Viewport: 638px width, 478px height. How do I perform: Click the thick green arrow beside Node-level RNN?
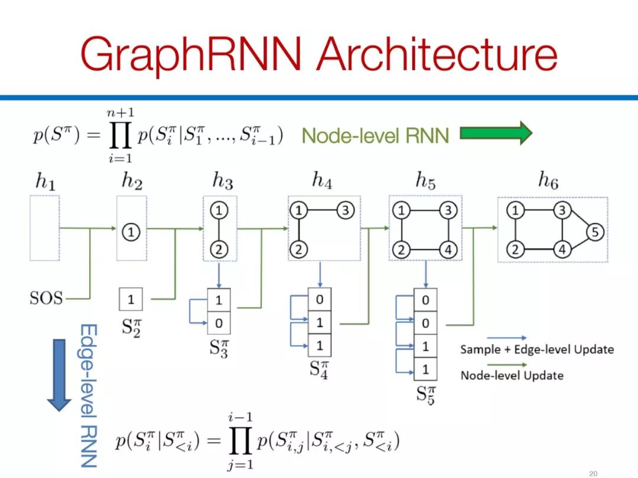click(496, 133)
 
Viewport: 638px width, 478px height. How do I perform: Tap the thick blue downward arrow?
click(58, 374)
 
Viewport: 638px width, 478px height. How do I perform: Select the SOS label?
click(46, 298)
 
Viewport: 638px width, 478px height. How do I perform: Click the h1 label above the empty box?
click(45, 182)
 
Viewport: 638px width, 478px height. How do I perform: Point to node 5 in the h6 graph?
click(595, 232)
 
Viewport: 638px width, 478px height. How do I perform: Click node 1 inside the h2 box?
click(131, 233)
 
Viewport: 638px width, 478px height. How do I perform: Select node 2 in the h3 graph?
click(219, 249)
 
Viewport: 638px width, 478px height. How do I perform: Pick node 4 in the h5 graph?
click(448, 250)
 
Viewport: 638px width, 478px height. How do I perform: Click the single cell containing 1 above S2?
click(131, 299)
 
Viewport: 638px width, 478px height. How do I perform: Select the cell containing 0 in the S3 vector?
click(219, 323)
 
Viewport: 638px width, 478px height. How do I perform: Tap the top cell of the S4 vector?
click(320, 299)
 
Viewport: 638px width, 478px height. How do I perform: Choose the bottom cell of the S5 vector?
click(425, 369)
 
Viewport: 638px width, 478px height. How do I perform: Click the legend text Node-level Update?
click(512, 375)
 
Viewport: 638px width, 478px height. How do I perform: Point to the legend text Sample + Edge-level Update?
click(537, 349)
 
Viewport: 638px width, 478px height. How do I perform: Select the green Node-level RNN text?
click(375, 136)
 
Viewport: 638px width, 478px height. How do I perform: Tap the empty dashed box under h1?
click(45, 228)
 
